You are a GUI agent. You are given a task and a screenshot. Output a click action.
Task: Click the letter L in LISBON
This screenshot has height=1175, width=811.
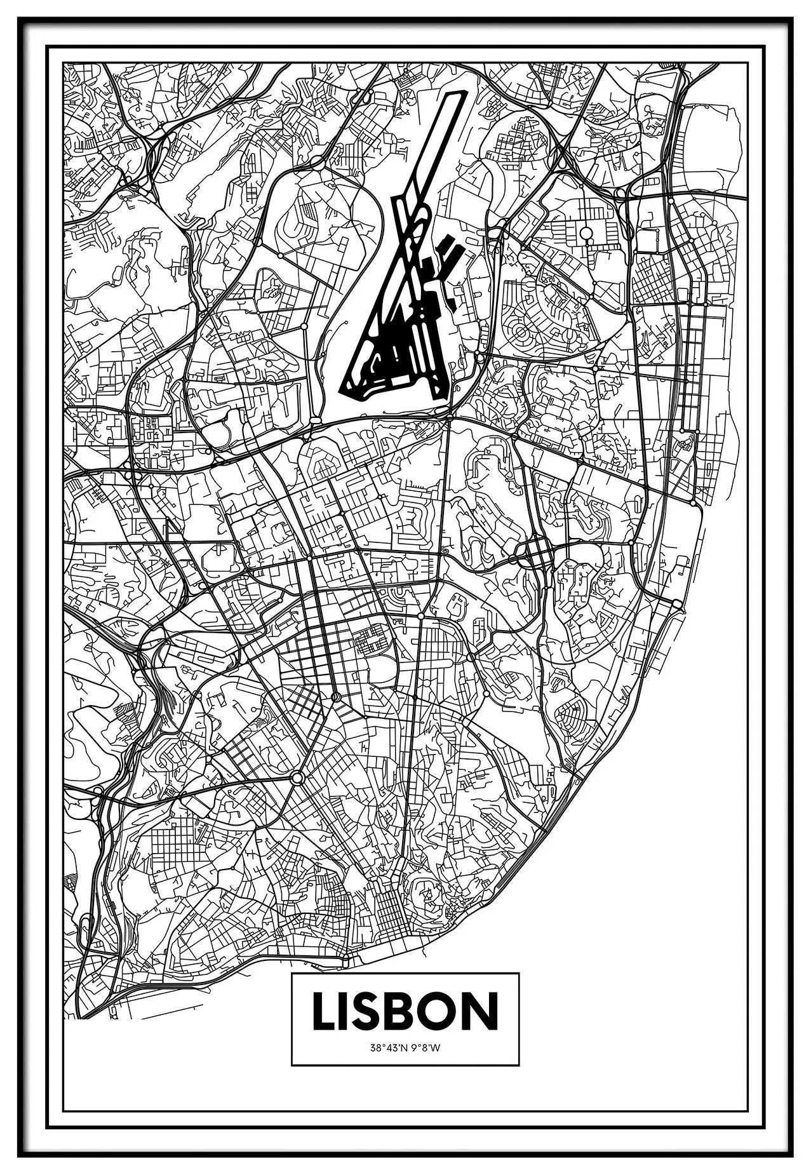325,1028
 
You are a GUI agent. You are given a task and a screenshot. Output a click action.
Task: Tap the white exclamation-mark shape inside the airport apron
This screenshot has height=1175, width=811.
395,352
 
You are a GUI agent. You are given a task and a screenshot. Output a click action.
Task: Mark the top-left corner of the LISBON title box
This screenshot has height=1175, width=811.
292,991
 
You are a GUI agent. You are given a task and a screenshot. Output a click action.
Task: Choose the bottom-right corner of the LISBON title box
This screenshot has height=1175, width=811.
519,1083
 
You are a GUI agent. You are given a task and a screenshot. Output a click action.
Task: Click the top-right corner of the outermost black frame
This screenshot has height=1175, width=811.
793,18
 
